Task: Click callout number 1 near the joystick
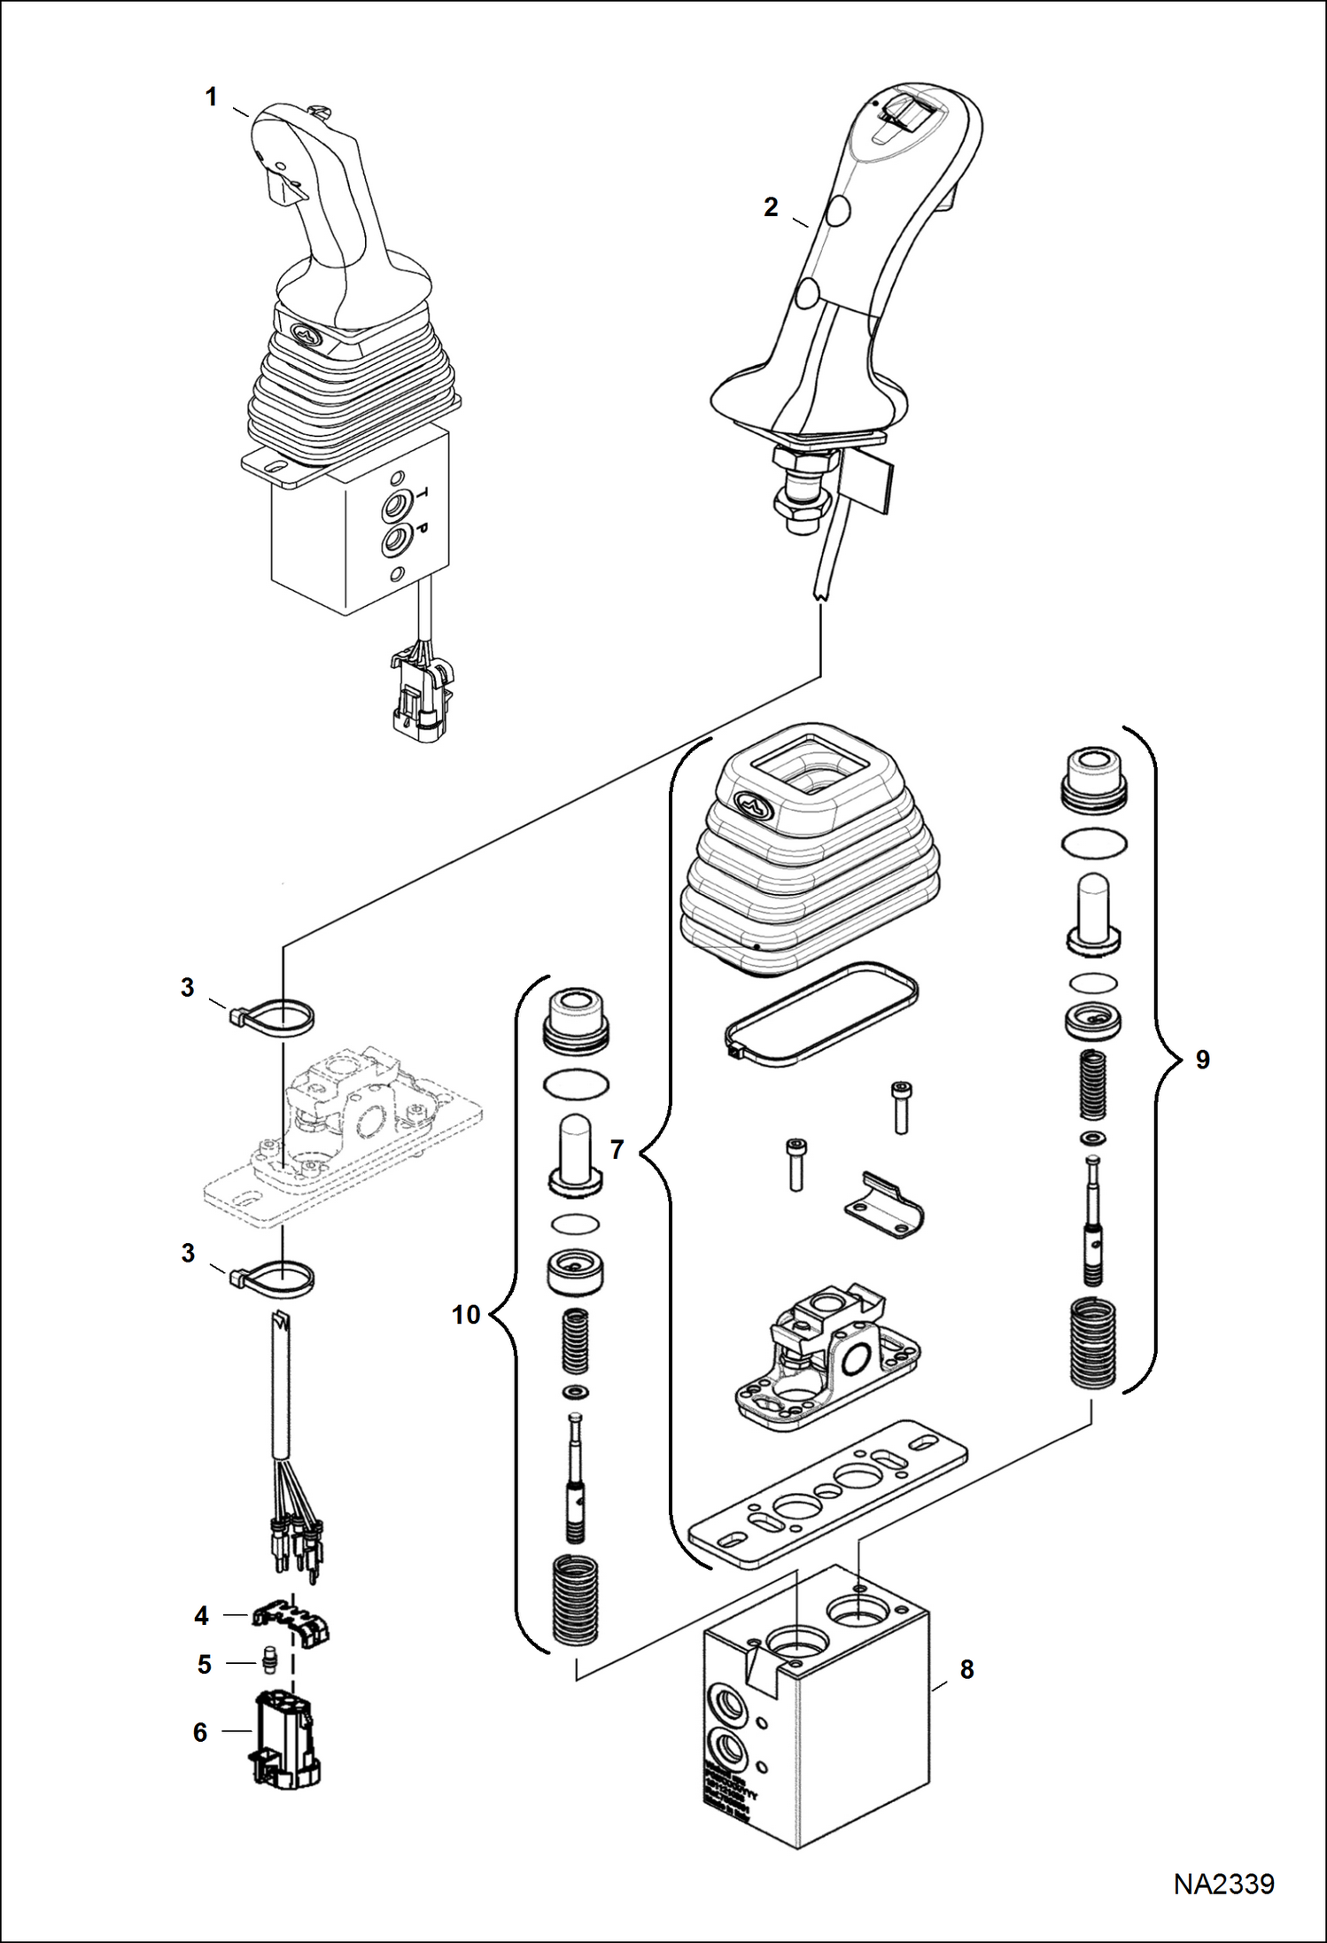211,97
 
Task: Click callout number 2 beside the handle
771,207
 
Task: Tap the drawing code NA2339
1223,1884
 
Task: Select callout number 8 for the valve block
966,1669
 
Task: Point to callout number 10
466,1315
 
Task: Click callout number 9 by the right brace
1202,1060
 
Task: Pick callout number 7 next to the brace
617,1150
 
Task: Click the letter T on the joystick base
423,493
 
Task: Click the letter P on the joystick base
423,529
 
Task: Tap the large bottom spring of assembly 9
1094,1345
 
